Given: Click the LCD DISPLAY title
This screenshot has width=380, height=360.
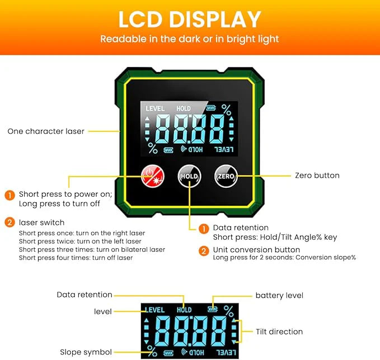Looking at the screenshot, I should pos(190,20).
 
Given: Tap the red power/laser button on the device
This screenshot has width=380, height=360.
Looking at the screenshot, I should pos(152,176).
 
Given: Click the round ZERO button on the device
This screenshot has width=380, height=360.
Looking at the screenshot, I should pos(226,176).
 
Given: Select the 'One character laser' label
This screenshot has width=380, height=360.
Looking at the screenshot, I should pos(46,131).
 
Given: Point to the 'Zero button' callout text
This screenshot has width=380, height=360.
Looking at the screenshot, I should pos(317,176).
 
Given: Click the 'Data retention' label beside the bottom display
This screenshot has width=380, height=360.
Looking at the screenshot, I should pos(85,295).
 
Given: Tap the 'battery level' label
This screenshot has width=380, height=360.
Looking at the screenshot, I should pos(279,295).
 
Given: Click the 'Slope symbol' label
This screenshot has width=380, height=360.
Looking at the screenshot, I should pos(86,352).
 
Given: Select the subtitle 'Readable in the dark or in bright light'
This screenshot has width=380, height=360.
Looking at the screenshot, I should pos(190,39).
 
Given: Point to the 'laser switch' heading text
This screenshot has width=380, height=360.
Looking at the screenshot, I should pos(41,222).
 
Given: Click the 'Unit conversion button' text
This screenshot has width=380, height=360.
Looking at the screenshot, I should pos(256,249).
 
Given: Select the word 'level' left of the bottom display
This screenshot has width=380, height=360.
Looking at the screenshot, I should pos(102,311).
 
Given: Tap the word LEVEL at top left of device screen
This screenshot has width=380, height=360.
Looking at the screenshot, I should pos(155,108).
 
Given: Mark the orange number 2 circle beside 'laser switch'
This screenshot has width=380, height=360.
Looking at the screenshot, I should pos(10,222).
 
